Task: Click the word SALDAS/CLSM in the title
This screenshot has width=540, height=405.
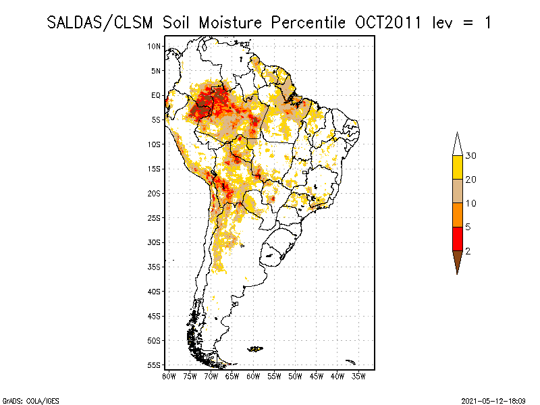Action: (x=102, y=22)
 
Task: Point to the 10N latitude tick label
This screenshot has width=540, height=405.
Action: (x=155, y=46)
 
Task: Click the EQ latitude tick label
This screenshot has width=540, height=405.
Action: (x=156, y=95)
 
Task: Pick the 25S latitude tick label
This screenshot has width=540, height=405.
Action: (x=155, y=217)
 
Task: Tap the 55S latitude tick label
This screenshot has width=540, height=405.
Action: (x=155, y=364)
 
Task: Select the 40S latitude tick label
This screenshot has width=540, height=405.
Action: (x=155, y=291)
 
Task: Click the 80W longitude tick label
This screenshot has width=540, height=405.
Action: (x=169, y=376)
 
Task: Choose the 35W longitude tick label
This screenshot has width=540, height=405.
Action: (x=359, y=376)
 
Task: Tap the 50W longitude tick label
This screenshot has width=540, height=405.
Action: (x=296, y=376)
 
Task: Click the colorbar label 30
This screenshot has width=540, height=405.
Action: (x=471, y=156)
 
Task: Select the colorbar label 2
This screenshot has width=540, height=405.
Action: (x=468, y=250)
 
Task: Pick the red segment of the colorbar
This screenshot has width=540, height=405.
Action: (x=458, y=238)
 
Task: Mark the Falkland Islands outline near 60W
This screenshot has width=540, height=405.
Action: (x=255, y=348)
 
